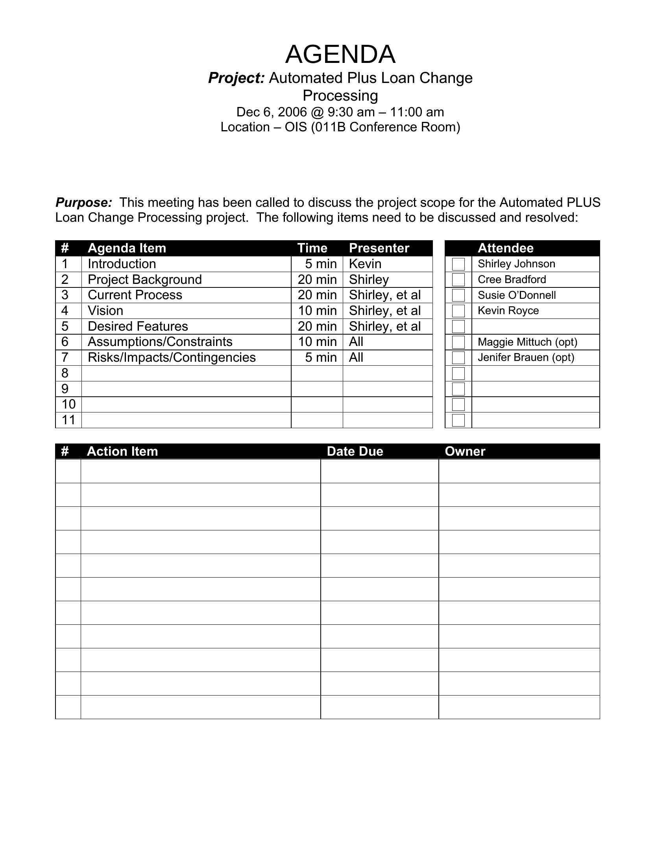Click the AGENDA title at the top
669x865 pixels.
point(340,54)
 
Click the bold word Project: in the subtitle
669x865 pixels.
point(236,78)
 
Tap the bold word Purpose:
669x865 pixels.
point(83,202)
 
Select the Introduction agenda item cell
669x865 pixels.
point(122,264)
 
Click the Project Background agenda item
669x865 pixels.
point(145,280)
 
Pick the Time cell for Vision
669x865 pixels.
point(317,311)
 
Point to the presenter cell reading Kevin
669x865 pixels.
point(365,264)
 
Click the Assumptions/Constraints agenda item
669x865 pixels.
point(160,342)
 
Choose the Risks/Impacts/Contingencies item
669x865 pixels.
point(172,357)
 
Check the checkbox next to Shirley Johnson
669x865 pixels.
point(458,264)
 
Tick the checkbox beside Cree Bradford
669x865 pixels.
point(458,280)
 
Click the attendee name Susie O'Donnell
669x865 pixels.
point(516,295)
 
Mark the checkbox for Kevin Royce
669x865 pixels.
point(458,311)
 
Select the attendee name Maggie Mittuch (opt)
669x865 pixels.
point(527,342)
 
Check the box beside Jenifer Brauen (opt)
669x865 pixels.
point(458,358)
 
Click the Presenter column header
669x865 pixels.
point(379,248)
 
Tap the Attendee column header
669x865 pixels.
point(505,248)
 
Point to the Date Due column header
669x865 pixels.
point(355,451)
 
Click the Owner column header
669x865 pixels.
point(465,451)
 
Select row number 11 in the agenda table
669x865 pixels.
point(68,420)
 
